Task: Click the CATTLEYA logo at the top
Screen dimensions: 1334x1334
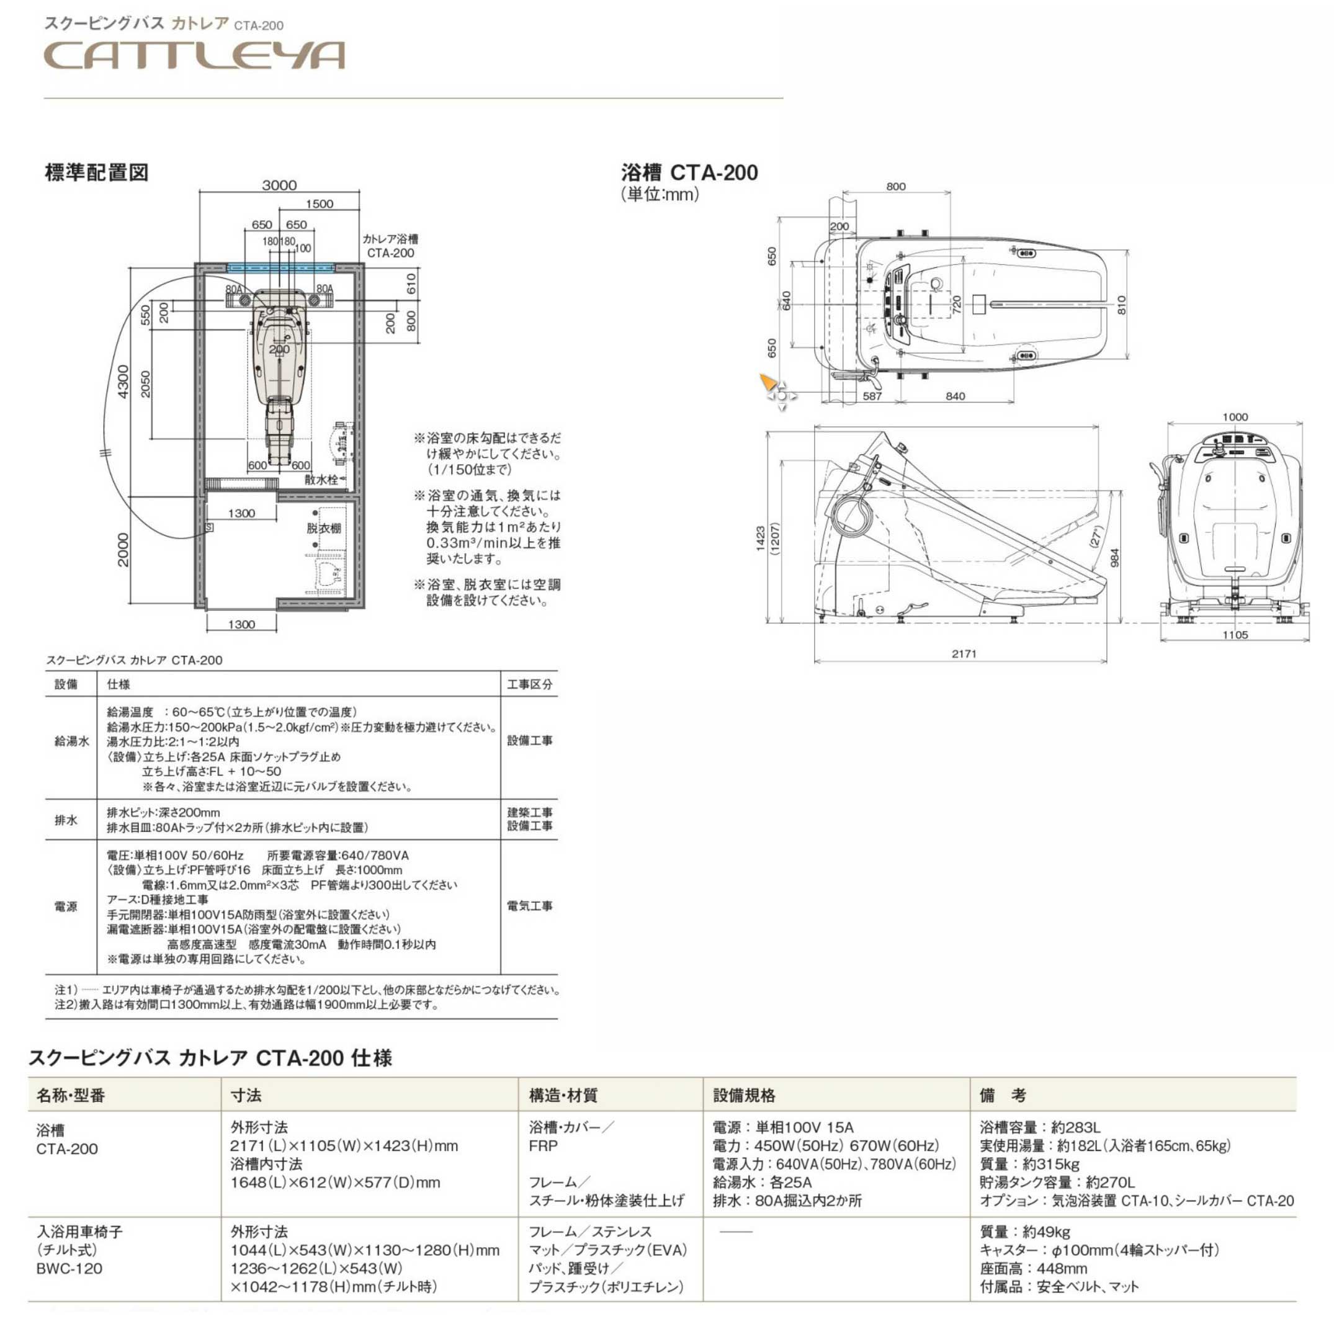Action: point(194,55)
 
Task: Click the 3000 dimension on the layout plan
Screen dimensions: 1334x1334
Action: point(279,185)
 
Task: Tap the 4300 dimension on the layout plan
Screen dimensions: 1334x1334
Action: point(123,381)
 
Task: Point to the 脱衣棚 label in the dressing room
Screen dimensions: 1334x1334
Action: point(324,528)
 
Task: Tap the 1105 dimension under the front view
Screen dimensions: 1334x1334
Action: point(1235,635)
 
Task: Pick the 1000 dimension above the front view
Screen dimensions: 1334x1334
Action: point(1235,416)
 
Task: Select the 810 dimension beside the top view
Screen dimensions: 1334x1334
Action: point(1121,305)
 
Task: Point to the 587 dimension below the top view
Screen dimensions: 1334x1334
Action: point(872,396)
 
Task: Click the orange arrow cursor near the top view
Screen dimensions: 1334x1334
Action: point(767,382)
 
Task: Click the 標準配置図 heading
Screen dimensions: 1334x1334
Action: point(97,172)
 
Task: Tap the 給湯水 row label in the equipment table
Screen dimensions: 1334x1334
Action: point(72,741)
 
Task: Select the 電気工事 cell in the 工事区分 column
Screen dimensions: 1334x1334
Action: point(530,906)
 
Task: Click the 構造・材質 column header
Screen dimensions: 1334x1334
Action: point(563,1095)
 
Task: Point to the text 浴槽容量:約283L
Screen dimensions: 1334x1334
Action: point(1040,1127)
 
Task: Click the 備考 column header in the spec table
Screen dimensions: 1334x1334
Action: point(1003,1095)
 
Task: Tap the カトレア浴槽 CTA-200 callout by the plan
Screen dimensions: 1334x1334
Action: point(390,246)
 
